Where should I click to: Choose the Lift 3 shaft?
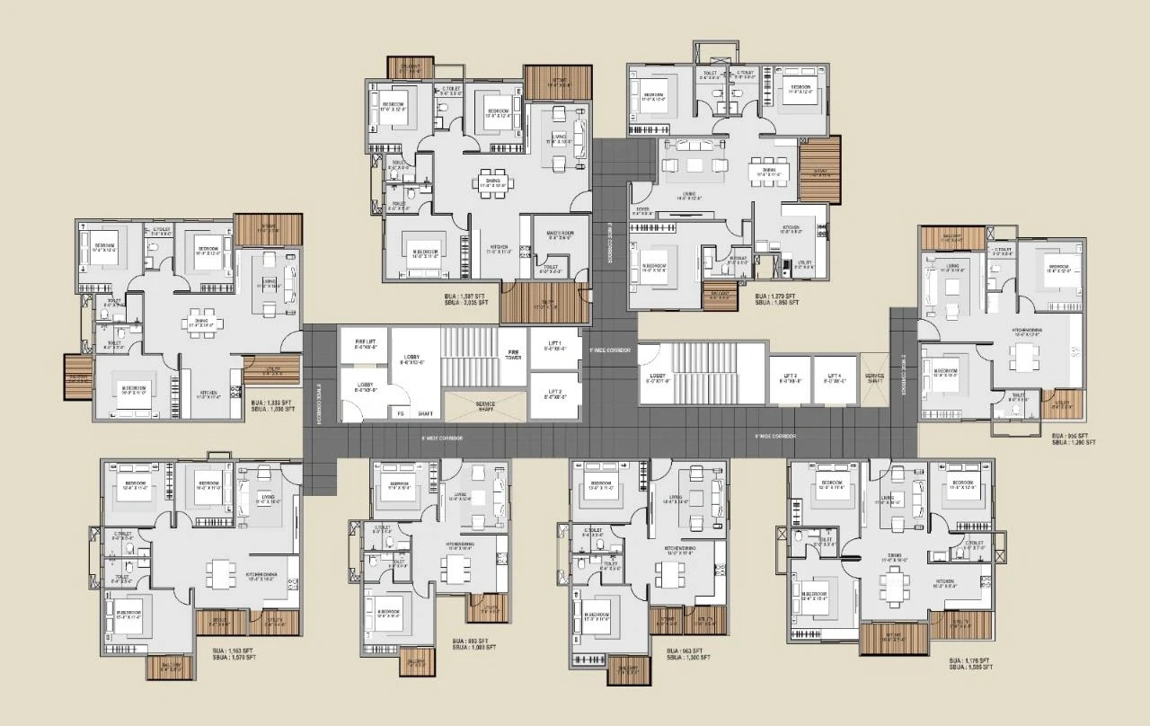(789, 377)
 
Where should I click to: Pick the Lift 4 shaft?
(834, 377)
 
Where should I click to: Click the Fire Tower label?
(514, 354)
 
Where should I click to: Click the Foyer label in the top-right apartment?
(643, 211)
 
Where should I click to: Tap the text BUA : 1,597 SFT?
(471, 296)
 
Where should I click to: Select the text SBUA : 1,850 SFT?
(776, 303)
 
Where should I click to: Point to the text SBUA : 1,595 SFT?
(971, 668)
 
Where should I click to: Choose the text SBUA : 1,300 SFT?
(688, 658)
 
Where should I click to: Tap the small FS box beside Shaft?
(401, 413)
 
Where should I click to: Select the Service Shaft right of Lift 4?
(874, 377)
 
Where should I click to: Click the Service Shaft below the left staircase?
(485, 407)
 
